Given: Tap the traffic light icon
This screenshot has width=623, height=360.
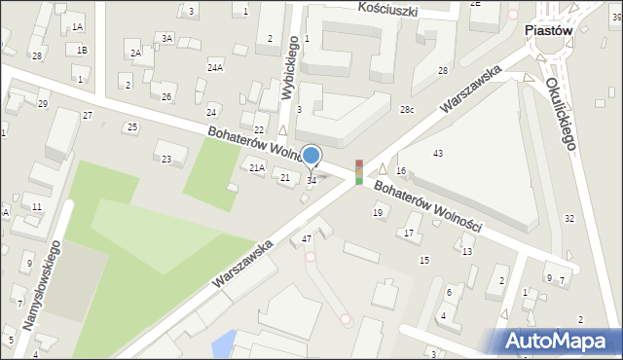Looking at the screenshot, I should click(359, 172).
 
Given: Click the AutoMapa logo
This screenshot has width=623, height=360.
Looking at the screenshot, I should click(561, 340).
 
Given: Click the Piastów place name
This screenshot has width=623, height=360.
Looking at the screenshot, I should click(547, 30).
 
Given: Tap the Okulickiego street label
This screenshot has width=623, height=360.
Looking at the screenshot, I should click(562, 113).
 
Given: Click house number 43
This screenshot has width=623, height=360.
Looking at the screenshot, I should click(438, 154).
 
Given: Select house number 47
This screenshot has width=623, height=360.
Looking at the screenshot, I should click(307, 238).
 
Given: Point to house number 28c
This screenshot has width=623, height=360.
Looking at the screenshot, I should click(407, 110).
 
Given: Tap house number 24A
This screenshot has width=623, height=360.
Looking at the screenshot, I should click(215, 67).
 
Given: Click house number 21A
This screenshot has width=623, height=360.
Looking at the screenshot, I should click(256, 168).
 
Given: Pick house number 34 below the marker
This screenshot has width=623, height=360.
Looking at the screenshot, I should click(311, 180).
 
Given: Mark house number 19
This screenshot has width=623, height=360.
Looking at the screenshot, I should click(378, 212).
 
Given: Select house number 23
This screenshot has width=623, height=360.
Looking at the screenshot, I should click(166, 160).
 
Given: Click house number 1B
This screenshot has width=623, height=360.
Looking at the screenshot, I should click(83, 50).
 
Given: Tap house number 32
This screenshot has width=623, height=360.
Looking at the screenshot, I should click(569, 218).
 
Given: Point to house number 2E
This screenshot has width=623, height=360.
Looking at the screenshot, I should click(475, 4).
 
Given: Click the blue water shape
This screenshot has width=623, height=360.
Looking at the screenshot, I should click(224, 342).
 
